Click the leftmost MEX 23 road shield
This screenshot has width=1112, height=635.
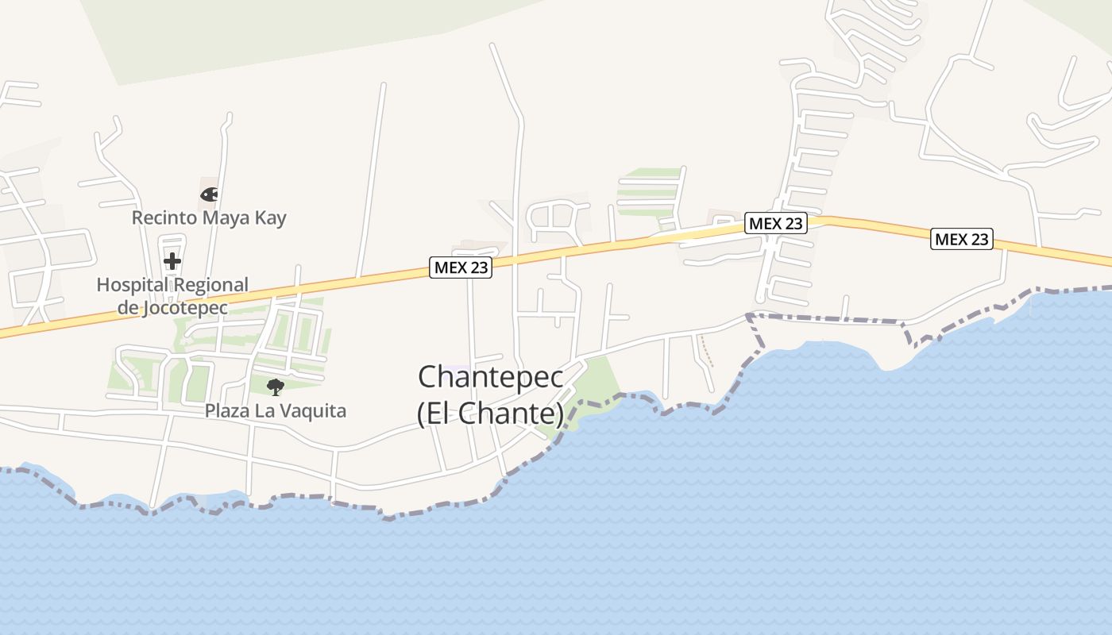pos(461,267)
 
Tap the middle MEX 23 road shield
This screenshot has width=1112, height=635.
pos(775,224)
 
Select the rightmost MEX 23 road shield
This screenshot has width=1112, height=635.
pos(962,238)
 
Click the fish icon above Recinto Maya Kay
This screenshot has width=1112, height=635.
pos(209,194)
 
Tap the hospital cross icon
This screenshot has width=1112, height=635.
pos(172,260)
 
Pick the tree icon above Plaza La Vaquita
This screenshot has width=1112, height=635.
pos(276,387)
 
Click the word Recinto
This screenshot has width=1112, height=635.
pos(160,217)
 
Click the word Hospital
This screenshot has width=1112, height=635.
pos(132,285)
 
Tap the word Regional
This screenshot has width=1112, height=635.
pos(211,285)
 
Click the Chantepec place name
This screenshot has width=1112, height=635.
pos(491,377)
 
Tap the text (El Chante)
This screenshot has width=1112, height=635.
pos(491,414)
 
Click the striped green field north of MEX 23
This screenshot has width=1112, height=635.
pos(649,190)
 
